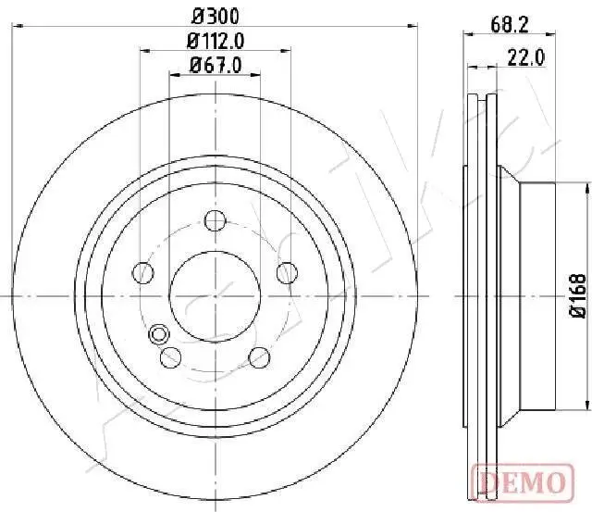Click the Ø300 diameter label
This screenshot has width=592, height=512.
(x=215, y=16)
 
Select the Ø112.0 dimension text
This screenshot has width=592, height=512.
(x=215, y=41)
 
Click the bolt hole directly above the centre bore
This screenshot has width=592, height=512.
(x=215, y=220)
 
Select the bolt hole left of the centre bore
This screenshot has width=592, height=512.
(x=143, y=272)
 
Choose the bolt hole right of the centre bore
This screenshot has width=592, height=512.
(x=287, y=272)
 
